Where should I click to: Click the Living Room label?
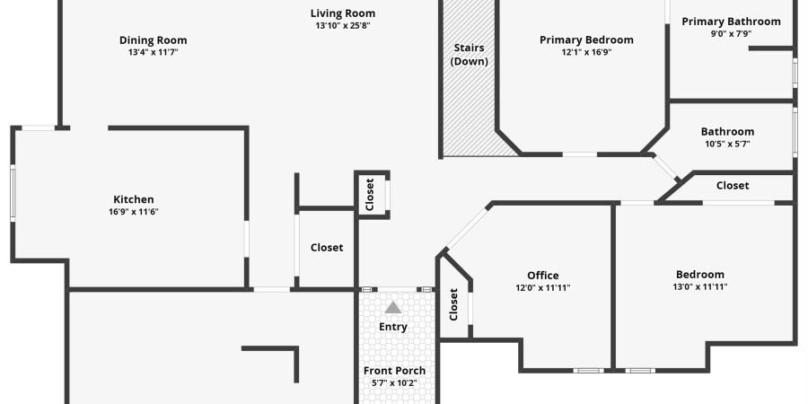[343, 13]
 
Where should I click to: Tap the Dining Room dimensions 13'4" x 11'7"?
[153, 52]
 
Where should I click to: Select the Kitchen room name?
[134, 199]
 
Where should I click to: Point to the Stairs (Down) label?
[469, 55]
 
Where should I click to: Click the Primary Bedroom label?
[586, 40]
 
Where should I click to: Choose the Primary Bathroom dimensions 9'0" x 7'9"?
[731, 33]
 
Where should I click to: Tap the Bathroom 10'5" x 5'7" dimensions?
[727, 145]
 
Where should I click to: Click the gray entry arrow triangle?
[393, 308]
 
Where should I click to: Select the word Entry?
[393, 327]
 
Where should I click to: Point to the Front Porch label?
[395, 371]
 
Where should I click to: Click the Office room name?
[542, 276]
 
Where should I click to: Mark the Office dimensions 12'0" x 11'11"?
[543, 288]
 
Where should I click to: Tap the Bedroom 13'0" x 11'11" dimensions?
[700, 287]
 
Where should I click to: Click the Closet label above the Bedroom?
[733, 186]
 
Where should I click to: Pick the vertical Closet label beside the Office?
[453, 304]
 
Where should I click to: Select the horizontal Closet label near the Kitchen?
[327, 248]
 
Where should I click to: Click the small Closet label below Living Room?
[370, 195]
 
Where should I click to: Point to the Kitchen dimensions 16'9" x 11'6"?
[134, 212]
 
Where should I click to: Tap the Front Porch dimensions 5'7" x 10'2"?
[395, 382]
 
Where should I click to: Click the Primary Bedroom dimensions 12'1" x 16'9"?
[586, 52]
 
